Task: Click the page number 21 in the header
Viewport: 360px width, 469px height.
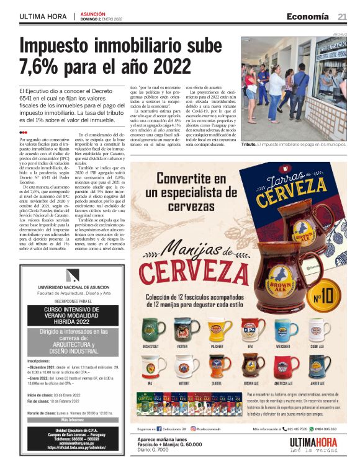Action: pyautogui.click(x=343, y=16)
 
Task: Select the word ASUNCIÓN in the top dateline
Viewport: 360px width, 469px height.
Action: pyautogui.click(x=92, y=14)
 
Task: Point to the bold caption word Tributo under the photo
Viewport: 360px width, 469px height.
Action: pyautogui.click(x=249, y=144)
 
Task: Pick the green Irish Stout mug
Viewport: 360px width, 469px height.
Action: pyautogui.click(x=152, y=330)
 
